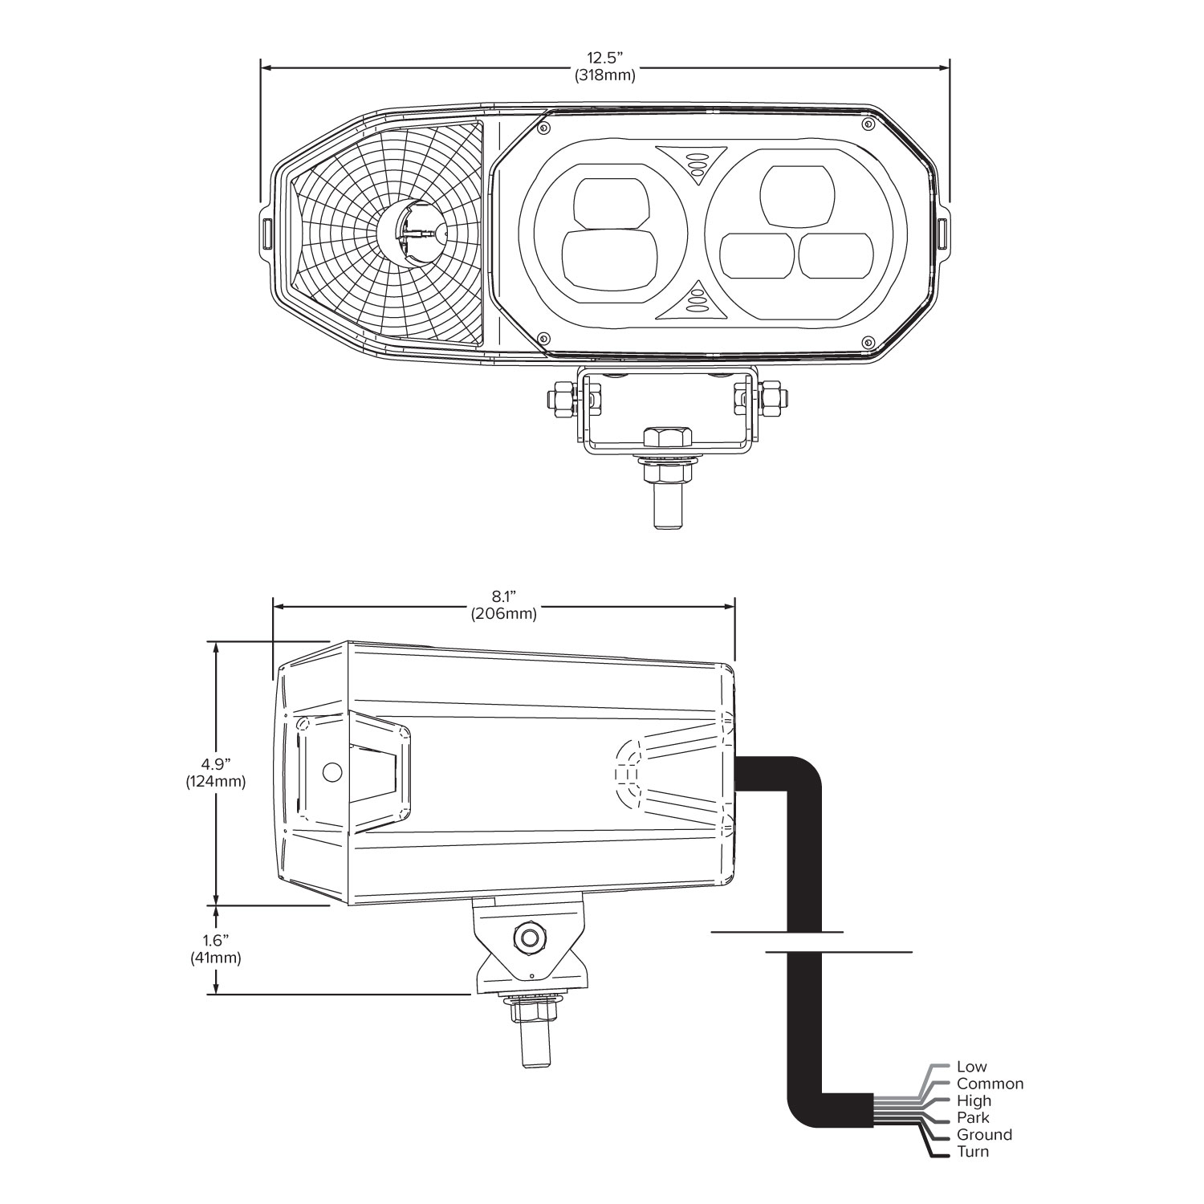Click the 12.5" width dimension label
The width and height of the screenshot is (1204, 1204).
[x=604, y=67]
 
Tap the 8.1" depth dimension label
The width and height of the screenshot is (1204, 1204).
[x=503, y=605]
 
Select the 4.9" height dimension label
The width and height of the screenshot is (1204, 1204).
[x=215, y=772]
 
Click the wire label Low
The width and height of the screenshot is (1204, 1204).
[x=971, y=1067]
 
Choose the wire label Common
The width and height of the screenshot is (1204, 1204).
[x=990, y=1084]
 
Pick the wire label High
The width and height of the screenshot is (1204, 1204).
[x=974, y=1101]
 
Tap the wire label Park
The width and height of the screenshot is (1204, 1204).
[x=973, y=1117]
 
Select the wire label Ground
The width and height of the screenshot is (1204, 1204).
[x=984, y=1135]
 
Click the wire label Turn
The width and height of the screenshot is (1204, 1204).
[x=973, y=1152]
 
